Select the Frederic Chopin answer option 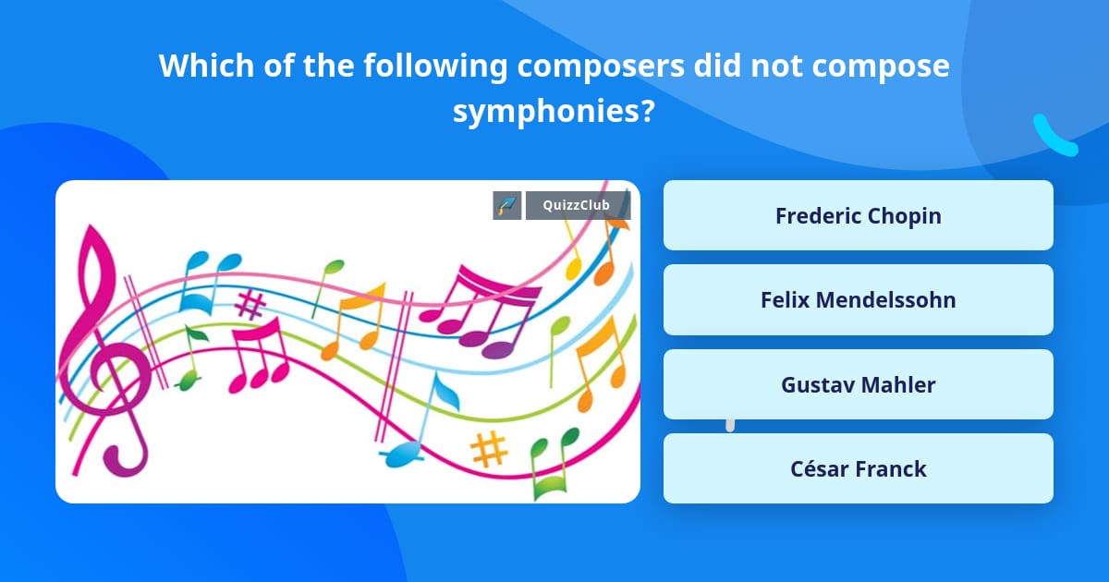point(858,215)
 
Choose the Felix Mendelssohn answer point(858,299)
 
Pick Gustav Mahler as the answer point(858,384)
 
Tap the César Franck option point(858,468)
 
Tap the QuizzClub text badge point(578,205)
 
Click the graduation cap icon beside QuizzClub point(507,205)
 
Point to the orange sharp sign point(489,449)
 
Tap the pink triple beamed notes point(259,356)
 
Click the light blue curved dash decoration point(1054,136)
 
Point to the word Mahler point(898,384)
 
